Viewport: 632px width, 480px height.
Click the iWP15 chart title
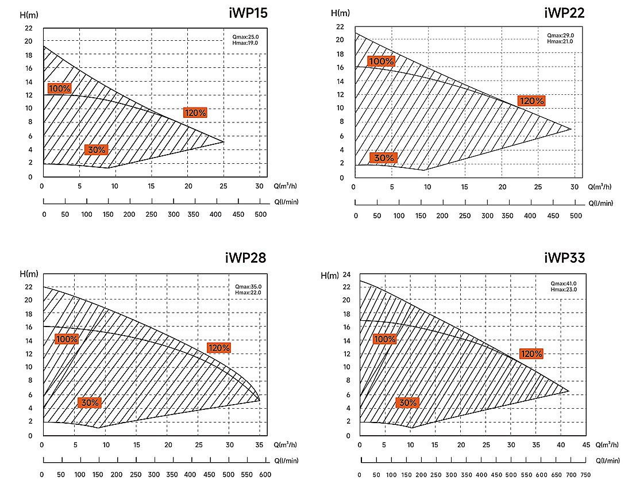tap(248, 13)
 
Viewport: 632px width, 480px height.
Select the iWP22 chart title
tap(564, 13)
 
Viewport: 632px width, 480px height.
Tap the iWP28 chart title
tap(245, 258)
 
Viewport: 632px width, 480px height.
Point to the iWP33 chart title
tap(564, 258)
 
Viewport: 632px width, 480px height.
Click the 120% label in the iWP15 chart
tap(195, 113)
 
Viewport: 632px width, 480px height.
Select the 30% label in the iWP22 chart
tap(384, 158)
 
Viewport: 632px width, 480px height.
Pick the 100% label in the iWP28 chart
tap(67, 339)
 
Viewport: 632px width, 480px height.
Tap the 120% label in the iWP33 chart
tap(531, 354)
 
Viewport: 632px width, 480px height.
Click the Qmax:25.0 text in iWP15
tap(245, 37)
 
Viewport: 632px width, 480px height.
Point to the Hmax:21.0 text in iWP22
tap(560, 41)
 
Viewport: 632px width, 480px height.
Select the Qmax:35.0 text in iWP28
tap(248, 287)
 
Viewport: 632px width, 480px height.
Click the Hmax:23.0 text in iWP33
tap(564, 290)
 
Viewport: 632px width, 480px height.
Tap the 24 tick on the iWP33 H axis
tap(346, 275)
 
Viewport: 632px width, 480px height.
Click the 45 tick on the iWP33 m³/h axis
tap(586, 445)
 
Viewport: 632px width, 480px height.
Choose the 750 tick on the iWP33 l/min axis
tap(585, 475)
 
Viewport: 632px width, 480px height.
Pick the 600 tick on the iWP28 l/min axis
tap(265, 474)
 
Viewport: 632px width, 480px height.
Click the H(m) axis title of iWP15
tap(29, 15)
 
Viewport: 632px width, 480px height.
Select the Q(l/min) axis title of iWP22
tap(600, 203)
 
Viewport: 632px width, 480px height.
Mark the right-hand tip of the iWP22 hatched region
tap(572, 129)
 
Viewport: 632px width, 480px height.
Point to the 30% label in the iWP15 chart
tap(97, 149)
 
